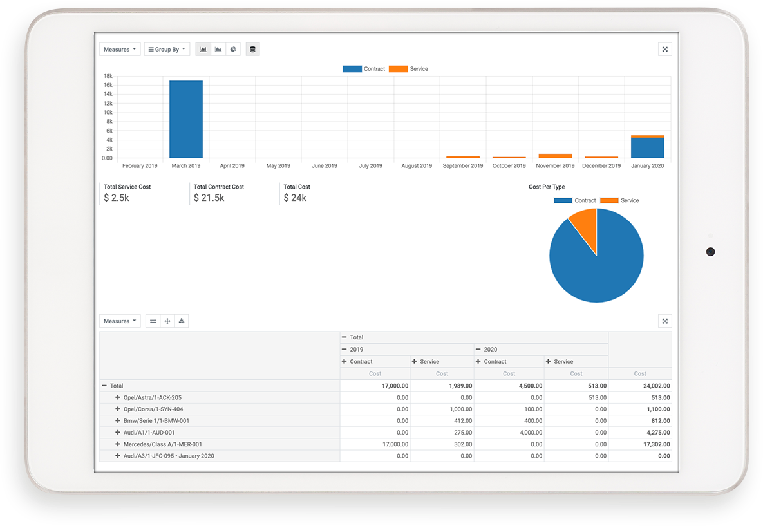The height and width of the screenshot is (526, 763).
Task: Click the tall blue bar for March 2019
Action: tap(186, 119)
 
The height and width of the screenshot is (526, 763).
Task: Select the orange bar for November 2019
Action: tap(555, 156)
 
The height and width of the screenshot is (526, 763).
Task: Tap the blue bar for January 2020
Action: tap(647, 147)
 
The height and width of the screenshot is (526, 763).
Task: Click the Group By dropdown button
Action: tap(167, 50)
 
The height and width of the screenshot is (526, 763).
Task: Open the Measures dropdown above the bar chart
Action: tap(120, 50)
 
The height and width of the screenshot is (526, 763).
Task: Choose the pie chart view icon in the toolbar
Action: tap(233, 50)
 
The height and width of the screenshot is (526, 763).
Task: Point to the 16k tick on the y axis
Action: tap(108, 85)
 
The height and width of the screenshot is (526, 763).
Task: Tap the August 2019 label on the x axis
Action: tap(417, 166)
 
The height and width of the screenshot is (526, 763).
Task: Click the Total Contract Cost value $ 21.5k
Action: tap(209, 198)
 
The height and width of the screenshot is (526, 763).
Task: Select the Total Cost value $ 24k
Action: tap(296, 198)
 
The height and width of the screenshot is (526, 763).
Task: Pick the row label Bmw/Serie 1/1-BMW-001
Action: tap(156, 421)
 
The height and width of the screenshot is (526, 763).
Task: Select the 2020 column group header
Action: tap(485, 350)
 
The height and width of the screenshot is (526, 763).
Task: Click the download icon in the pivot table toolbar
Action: tap(182, 321)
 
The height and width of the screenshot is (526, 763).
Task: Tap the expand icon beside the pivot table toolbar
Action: tap(665, 321)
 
